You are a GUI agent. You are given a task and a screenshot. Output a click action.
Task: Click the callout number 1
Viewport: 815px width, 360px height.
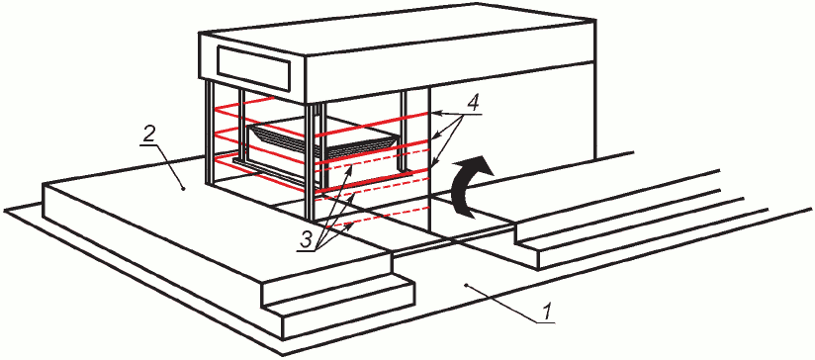(545, 313)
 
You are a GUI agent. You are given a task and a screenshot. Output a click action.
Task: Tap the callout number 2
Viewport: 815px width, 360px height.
(147, 135)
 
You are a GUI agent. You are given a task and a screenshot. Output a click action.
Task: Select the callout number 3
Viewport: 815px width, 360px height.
(307, 239)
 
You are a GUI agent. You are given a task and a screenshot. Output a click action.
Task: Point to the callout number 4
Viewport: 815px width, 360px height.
(474, 102)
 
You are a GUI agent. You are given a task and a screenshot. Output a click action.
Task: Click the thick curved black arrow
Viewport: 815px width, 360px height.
(471, 183)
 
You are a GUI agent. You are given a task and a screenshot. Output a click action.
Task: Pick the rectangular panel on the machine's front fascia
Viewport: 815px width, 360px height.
(252, 67)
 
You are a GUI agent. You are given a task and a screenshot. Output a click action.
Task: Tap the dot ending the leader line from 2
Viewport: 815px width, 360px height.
(184, 190)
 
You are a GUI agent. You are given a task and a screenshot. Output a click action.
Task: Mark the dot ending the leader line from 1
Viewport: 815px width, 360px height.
(466, 285)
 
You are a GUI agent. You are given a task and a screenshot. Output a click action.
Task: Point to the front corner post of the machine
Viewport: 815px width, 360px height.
(312, 160)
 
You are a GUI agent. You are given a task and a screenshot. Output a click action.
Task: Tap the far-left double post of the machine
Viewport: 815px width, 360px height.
(210, 133)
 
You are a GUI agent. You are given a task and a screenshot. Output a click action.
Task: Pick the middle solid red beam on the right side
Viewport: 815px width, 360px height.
(372, 150)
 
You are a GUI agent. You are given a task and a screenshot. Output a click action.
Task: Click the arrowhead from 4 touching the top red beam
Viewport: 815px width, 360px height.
(435, 113)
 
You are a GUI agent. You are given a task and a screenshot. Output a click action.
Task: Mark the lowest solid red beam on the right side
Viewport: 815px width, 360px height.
(372, 179)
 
